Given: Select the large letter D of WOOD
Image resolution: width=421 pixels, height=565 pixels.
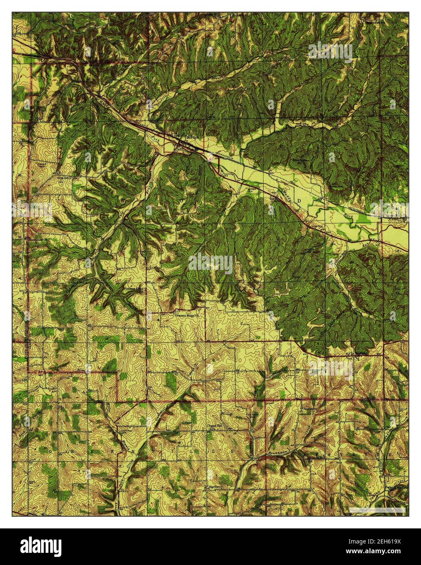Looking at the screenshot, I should (300, 202).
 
